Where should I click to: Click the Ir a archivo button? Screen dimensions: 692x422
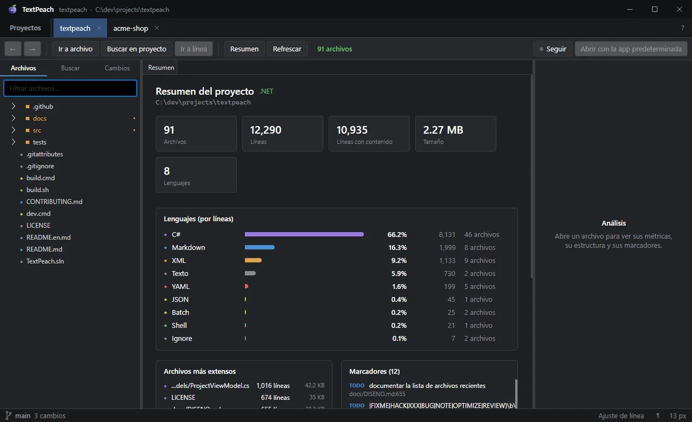[x=75, y=49]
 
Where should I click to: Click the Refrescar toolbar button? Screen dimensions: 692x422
[x=287, y=49]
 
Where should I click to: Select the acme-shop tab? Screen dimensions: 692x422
[x=131, y=28]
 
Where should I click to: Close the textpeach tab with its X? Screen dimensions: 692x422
[x=99, y=28]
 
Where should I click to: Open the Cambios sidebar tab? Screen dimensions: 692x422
[x=117, y=68]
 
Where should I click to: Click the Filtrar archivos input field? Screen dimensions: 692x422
[x=70, y=88]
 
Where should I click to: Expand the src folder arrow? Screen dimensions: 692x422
[x=14, y=130]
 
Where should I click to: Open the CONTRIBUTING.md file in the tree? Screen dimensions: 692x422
[x=55, y=202]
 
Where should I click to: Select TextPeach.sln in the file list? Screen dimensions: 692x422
[x=45, y=261]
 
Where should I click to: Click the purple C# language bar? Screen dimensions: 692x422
[x=304, y=234]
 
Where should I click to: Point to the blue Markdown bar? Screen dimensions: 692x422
[x=259, y=247]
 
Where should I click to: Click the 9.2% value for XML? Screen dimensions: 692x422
[x=399, y=261]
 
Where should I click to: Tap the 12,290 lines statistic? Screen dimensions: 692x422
[x=265, y=130]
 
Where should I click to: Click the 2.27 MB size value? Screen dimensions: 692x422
[x=443, y=130]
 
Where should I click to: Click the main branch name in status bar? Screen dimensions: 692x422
[x=23, y=416]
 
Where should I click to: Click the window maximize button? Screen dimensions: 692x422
[x=654, y=9]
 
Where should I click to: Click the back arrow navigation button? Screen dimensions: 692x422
[x=12, y=49]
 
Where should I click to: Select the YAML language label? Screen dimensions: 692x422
[x=181, y=287]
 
